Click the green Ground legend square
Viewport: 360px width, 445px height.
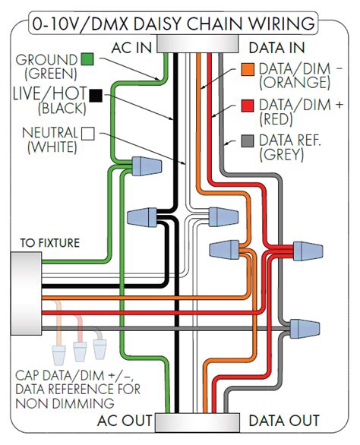[x=87, y=59]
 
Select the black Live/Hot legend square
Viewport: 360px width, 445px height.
[x=96, y=96]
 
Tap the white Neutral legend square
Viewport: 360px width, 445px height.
[x=88, y=134]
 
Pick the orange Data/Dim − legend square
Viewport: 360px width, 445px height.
[x=248, y=69]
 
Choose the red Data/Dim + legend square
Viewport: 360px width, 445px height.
[x=248, y=106]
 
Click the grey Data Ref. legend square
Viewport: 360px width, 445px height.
[x=248, y=141]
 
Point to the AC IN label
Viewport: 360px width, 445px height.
[x=131, y=48]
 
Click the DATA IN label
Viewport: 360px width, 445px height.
[x=276, y=48]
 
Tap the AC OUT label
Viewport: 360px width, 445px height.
[x=125, y=420]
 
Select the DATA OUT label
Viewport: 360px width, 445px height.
[x=284, y=420]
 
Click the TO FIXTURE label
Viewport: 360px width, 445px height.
[x=50, y=243]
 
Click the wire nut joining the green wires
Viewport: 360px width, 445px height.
[x=147, y=166]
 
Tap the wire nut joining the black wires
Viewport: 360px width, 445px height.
[x=142, y=217]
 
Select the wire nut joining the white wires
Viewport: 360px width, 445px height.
[x=223, y=217]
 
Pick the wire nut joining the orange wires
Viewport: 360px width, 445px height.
[x=224, y=250]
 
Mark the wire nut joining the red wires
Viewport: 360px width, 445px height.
[x=308, y=251]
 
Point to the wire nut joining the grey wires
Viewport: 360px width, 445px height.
[x=305, y=329]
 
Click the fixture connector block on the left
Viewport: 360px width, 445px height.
[x=26, y=293]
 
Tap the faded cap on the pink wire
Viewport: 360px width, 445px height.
[x=80, y=352]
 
